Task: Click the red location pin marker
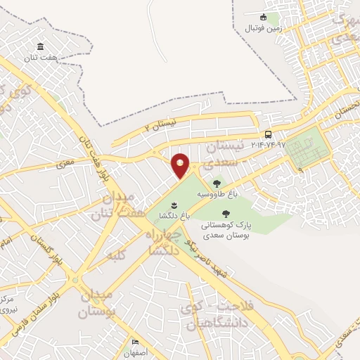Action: tap(181, 165)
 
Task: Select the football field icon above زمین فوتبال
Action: tap(263, 18)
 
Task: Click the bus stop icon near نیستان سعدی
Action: tap(268, 134)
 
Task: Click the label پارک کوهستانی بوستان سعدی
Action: tap(224, 230)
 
